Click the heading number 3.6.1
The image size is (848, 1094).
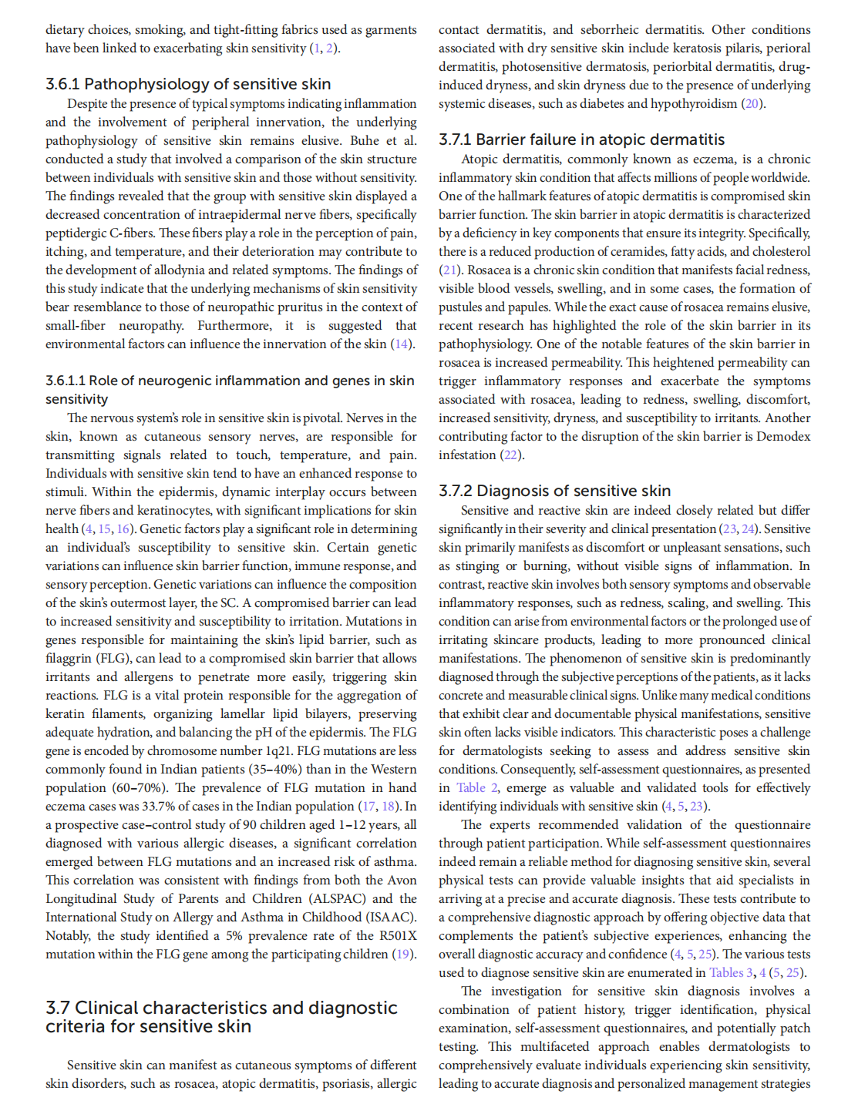coord(62,84)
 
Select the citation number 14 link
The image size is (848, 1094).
coord(402,344)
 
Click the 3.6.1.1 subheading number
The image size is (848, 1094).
coord(65,381)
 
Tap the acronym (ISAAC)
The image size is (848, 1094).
coord(389,918)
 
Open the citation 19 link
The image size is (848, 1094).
coord(402,955)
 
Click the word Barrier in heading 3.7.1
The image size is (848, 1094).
coord(502,139)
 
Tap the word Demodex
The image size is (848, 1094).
coord(783,437)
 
